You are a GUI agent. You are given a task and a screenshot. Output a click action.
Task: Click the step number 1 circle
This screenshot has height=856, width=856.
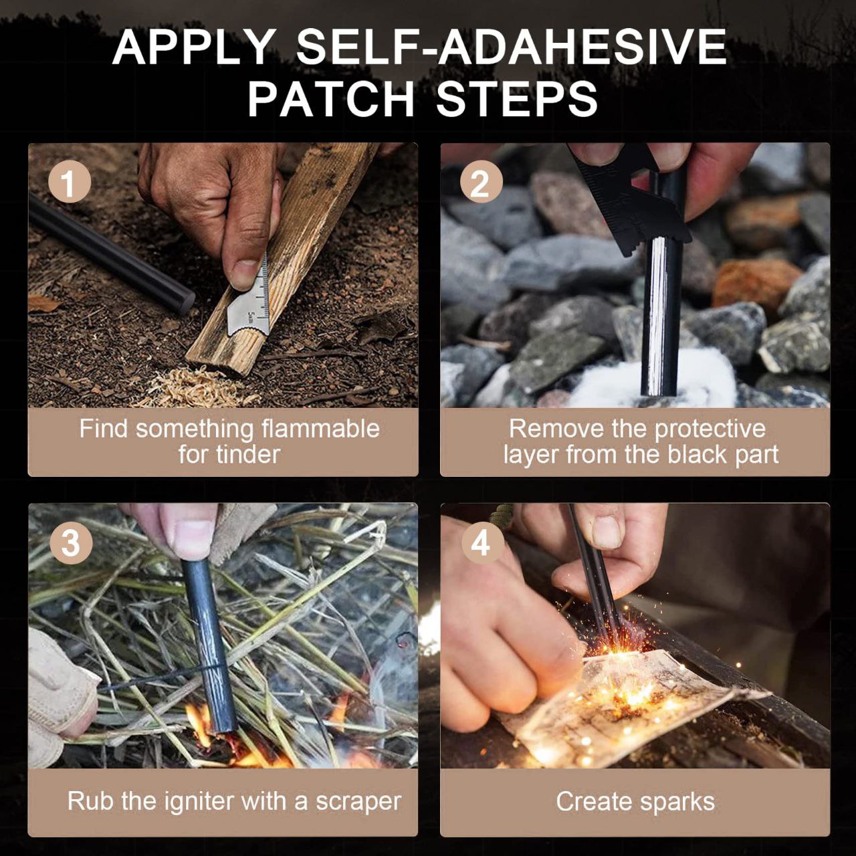(x=69, y=182)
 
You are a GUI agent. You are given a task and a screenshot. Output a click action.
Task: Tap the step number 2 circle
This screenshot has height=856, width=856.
(x=481, y=182)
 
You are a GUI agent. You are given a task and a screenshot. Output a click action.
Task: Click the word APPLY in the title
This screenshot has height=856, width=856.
(x=193, y=48)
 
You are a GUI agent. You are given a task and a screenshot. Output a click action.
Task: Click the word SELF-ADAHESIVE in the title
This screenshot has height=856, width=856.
(x=512, y=47)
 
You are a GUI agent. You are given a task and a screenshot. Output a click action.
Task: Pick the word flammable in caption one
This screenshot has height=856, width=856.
(x=320, y=429)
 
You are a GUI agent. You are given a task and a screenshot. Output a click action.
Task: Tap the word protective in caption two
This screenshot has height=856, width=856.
(x=710, y=429)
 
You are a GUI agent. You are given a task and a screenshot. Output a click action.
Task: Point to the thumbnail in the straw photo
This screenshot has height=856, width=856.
(x=193, y=538)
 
